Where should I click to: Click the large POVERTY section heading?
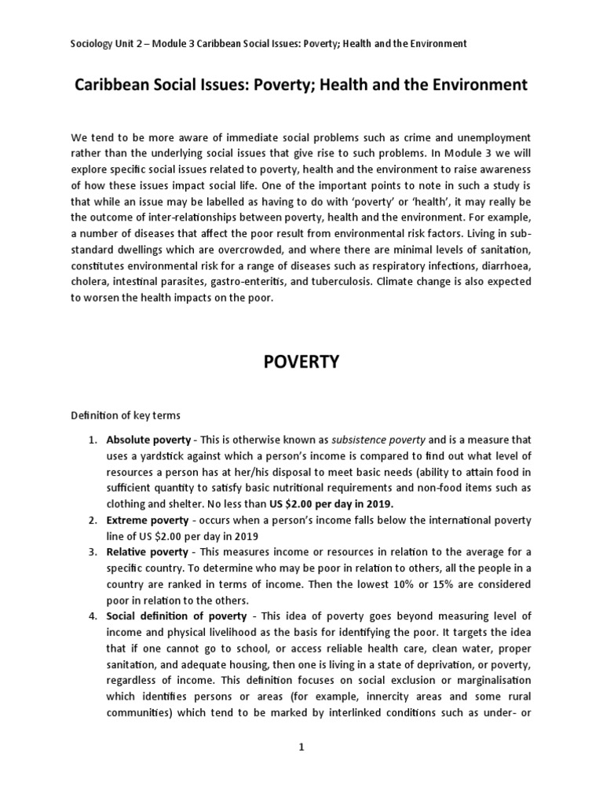[x=301, y=361]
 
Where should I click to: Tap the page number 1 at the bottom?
[x=301, y=747]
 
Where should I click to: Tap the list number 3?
[x=92, y=553]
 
